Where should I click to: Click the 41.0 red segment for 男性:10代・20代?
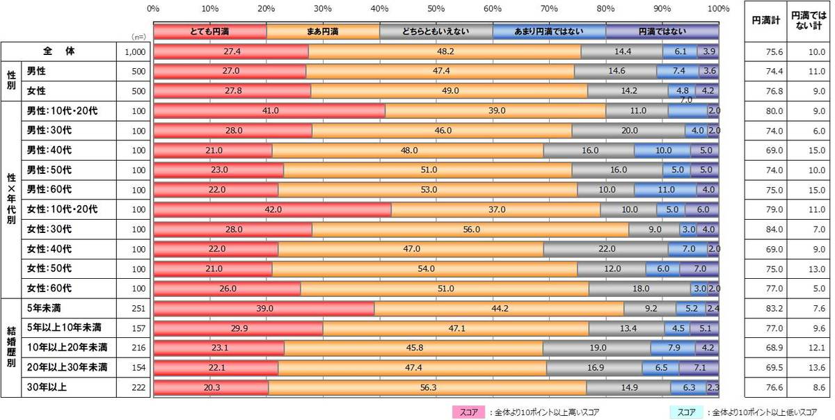(269, 111)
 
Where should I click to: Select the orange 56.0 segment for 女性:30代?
(470, 229)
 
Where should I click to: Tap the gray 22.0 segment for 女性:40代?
(605, 249)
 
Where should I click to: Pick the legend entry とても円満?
(209, 31)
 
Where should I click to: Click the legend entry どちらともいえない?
(436, 31)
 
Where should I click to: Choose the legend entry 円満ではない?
(662, 31)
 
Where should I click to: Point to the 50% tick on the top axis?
(436, 9)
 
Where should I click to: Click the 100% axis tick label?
(717, 9)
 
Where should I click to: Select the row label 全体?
(58, 51)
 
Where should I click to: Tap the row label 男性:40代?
(49, 150)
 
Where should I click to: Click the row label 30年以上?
(43, 387)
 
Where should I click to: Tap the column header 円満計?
(761, 21)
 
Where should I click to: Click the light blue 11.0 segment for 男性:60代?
(665, 190)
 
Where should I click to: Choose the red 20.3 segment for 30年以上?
(211, 387)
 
